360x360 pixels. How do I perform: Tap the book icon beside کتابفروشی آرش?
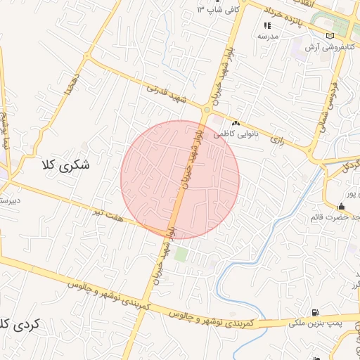click(x=330, y=36)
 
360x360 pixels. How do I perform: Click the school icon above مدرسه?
click(x=267, y=25)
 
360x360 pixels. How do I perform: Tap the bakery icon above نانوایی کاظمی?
click(x=235, y=122)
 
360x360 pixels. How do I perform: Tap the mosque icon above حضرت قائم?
click(x=341, y=207)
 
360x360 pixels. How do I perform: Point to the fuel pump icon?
click(x=314, y=312)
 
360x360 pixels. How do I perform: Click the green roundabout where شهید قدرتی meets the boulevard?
click(x=207, y=110)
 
